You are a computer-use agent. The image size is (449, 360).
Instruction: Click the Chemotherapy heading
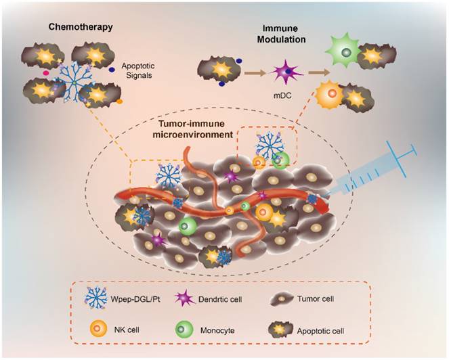point(81,27)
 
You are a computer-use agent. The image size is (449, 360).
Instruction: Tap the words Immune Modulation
point(281,34)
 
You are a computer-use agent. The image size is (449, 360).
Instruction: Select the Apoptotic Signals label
point(138,70)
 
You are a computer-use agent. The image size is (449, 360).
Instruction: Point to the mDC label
point(282,95)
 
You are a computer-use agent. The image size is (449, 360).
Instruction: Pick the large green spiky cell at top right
point(343,52)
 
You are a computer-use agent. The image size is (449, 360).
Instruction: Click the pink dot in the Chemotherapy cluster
point(45,73)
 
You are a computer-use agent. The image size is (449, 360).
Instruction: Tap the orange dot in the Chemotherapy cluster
point(120,102)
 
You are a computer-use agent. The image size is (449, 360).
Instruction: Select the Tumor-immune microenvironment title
point(193,130)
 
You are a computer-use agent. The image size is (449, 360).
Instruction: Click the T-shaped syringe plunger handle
point(405,158)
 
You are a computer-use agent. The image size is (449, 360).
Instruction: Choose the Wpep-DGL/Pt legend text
point(135,300)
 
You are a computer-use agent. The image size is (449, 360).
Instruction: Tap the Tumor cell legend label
point(316,299)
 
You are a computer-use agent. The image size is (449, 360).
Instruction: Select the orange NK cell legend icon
point(98,328)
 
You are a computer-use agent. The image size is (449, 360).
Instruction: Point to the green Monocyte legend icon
point(184,329)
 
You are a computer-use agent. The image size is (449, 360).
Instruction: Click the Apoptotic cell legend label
point(320,332)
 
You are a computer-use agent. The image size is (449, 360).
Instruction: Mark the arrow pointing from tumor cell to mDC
point(255,73)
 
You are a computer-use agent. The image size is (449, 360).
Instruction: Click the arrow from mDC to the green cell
point(319,72)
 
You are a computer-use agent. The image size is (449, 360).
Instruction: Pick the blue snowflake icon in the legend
point(95,298)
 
